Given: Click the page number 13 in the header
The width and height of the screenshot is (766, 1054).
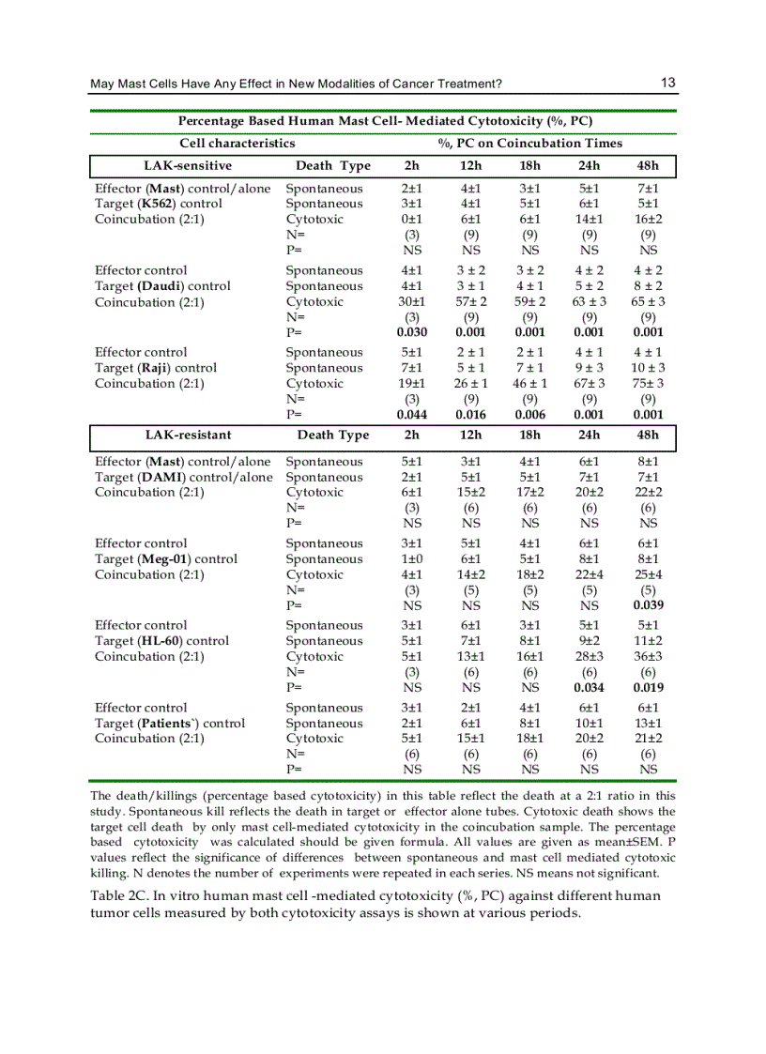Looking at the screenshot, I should point(667,83).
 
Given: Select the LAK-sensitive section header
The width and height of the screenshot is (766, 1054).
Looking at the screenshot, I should point(188,166).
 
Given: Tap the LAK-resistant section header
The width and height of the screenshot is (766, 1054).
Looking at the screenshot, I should point(188,435).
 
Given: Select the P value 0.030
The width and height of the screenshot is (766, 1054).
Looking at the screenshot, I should point(411,332).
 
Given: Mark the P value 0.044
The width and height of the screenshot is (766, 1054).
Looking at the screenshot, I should point(411,414).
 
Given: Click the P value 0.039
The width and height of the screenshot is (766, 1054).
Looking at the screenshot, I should point(648,605).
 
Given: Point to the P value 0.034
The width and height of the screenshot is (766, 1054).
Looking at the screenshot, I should point(589,687).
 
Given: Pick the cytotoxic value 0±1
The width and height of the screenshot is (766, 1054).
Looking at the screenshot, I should point(411,220).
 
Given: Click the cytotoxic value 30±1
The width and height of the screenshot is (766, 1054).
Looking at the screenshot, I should point(411,301).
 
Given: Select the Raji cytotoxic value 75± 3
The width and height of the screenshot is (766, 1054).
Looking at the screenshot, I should point(648,383).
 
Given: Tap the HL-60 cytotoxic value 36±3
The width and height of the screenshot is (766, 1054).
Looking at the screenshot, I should point(648,656).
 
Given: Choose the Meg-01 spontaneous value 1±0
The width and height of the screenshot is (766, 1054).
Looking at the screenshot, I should point(411,559).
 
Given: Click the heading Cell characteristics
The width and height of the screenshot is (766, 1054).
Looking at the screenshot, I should point(237,144).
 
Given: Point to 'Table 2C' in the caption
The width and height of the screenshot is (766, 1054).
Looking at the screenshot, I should point(121,895).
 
